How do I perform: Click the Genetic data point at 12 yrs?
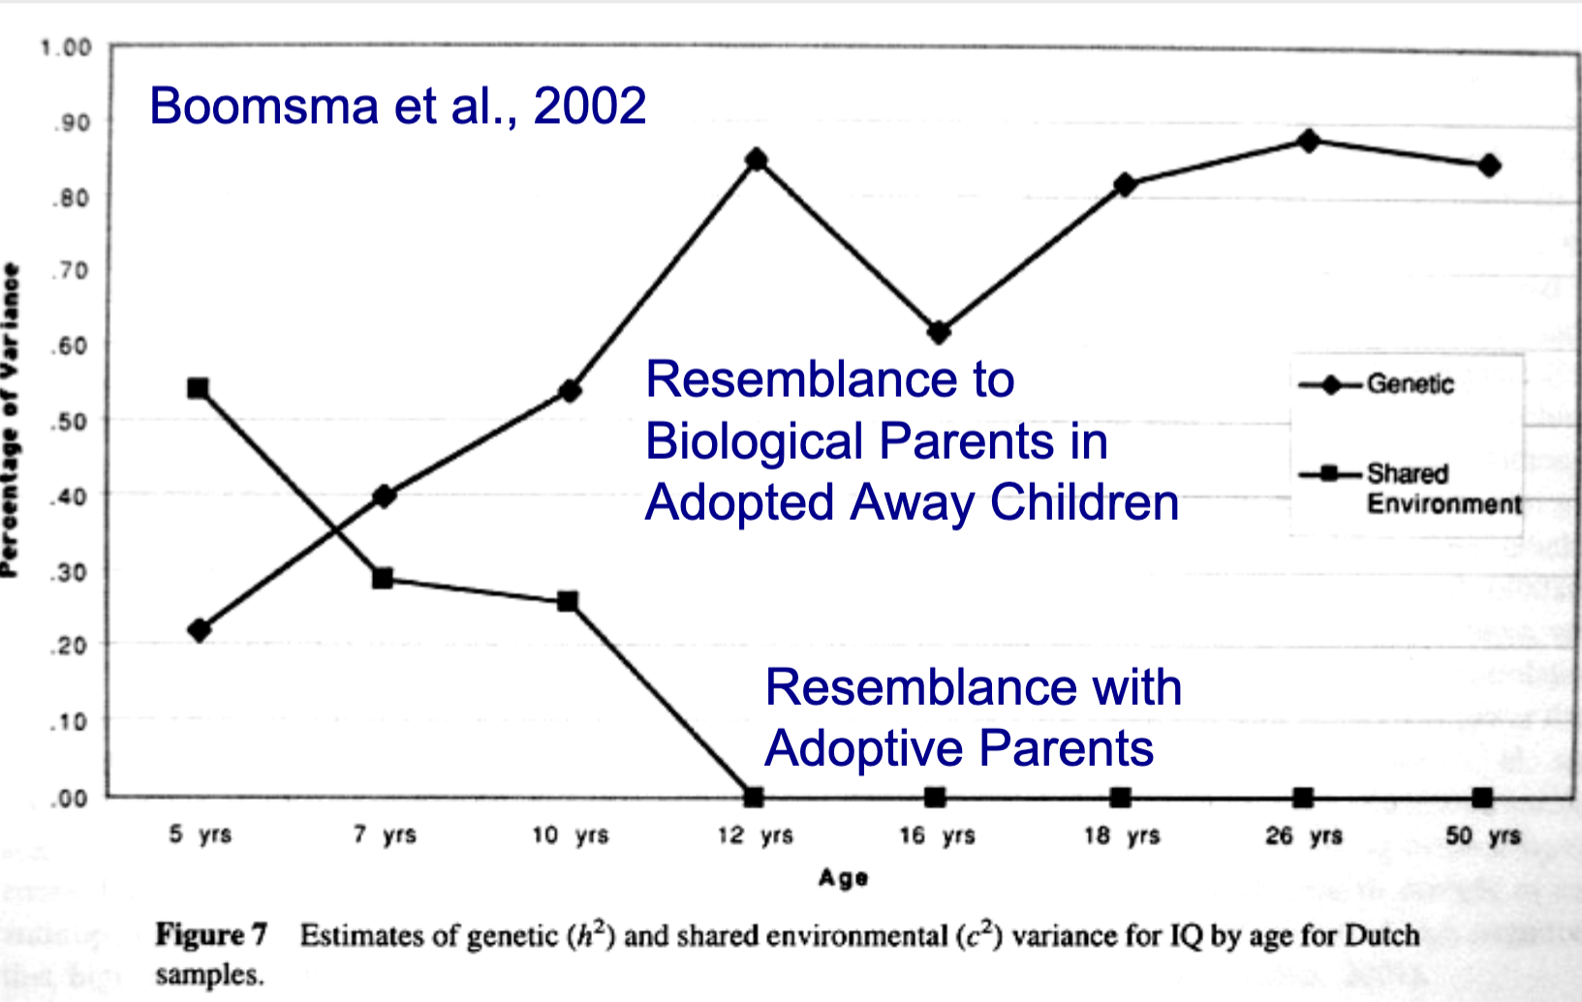(x=757, y=160)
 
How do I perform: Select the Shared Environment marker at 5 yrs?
(x=198, y=388)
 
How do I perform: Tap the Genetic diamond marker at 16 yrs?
(x=938, y=332)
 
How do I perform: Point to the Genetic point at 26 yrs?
(x=1309, y=140)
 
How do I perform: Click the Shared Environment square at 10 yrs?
(x=568, y=601)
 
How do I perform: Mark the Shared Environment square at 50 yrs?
(x=1482, y=798)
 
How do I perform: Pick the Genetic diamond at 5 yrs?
(x=200, y=630)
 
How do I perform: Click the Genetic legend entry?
(x=1410, y=384)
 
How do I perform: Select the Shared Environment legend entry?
(x=1442, y=488)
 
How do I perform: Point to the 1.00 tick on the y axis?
(x=66, y=47)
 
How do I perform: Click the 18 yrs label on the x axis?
(x=1122, y=835)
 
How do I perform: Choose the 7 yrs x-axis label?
(x=385, y=835)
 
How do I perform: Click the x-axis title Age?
(x=843, y=878)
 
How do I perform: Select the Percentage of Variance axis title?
(x=11, y=421)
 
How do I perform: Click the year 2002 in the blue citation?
(x=589, y=106)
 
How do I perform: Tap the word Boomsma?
(x=264, y=106)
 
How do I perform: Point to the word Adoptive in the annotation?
(x=861, y=748)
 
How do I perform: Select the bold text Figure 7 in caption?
(x=211, y=935)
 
